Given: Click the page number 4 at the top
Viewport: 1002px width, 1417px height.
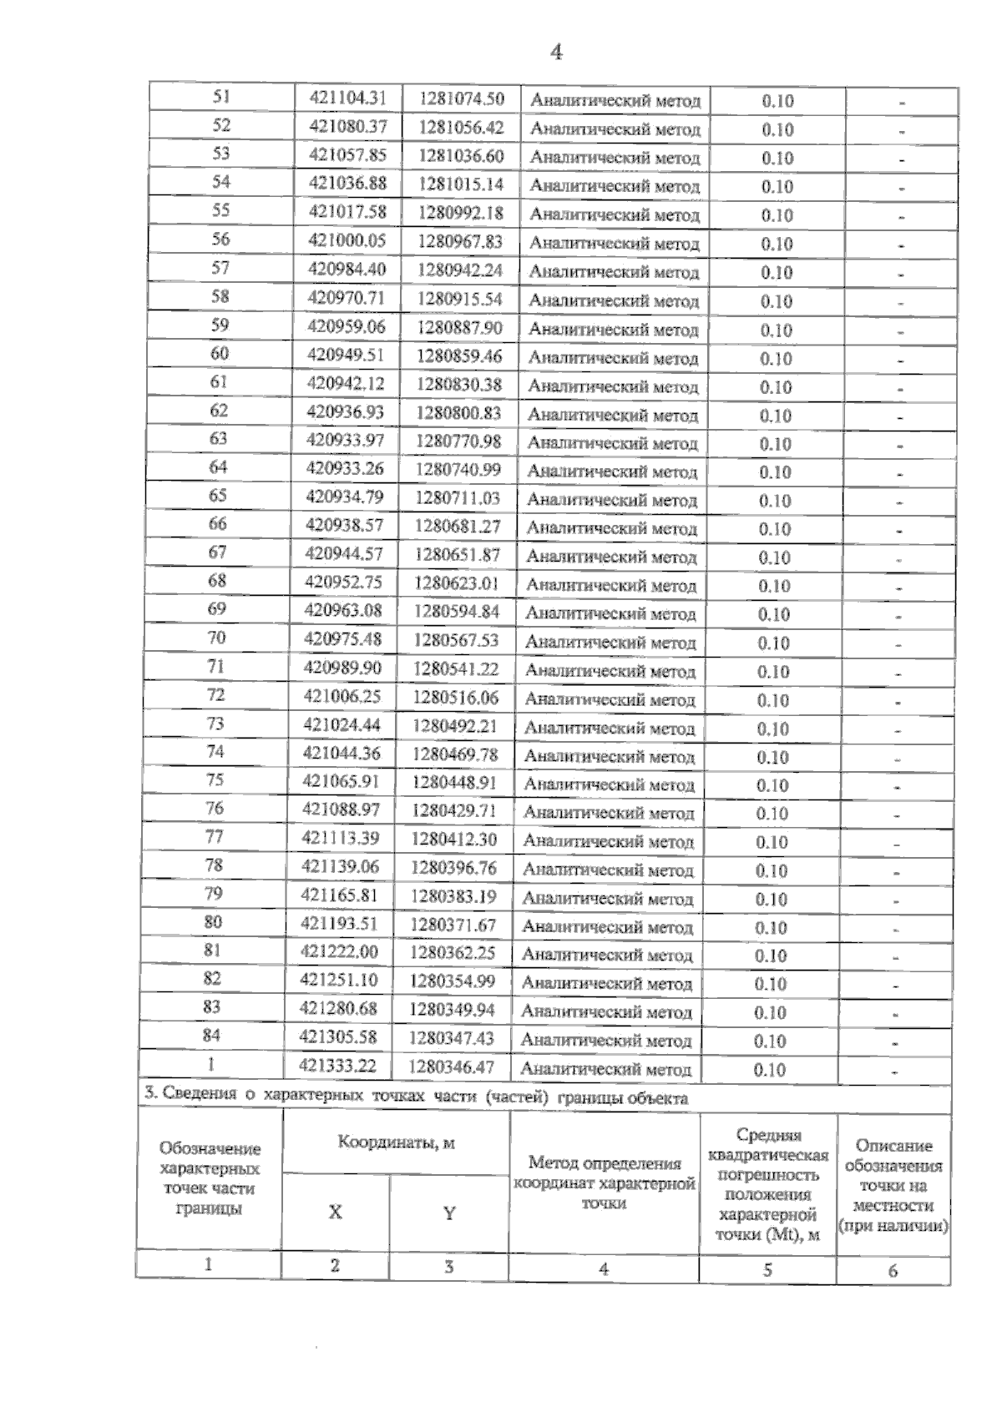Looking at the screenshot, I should click(557, 53).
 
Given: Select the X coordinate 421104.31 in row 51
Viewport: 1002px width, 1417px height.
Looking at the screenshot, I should click(348, 98).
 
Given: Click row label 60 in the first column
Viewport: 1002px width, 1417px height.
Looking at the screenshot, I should click(219, 353).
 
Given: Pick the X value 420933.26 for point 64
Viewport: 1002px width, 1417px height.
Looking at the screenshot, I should click(345, 468).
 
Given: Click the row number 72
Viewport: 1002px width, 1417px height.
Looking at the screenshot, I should click(215, 694).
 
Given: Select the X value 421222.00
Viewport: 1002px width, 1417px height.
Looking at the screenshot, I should click(339, 952).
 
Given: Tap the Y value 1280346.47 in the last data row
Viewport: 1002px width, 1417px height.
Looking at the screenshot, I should click(452, 1067).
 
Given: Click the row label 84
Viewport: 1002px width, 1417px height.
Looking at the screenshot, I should click(211, 1035).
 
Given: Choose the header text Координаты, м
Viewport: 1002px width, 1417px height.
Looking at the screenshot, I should click(396, 1142).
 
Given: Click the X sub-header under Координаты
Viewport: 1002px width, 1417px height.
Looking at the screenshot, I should click(335, 1212).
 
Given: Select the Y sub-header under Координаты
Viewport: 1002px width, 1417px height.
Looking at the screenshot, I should click(448, 1213).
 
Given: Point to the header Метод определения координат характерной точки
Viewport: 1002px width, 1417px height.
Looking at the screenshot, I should click(604, 1183).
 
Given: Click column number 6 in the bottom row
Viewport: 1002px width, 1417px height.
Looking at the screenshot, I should click(893, 1271).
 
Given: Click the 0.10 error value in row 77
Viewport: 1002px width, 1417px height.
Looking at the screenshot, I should click(772, 842).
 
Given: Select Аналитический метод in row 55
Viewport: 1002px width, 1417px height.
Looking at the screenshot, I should click(615, 214).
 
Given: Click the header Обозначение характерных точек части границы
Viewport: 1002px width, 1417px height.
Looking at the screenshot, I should click(209, 1178).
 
